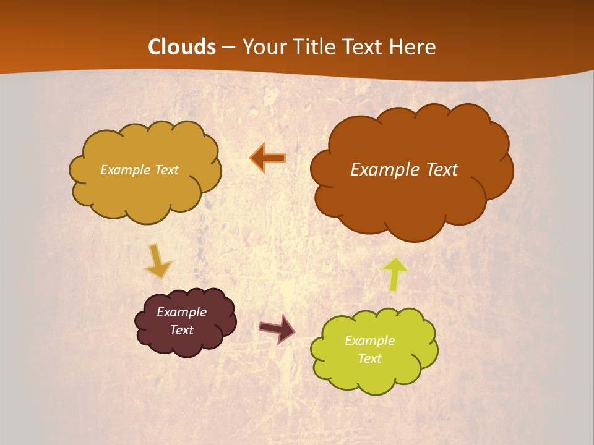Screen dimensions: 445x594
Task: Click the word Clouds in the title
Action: pos(182,47)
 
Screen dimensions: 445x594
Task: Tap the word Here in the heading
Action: pos(414,47)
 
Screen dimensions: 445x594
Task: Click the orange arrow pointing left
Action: pos(268,158)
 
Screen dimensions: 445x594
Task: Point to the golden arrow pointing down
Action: pos(157,261)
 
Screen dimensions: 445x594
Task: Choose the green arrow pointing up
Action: pos(395,274)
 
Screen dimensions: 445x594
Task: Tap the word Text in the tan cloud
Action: pos(166,170)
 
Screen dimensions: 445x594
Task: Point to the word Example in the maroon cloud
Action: pos(182,312)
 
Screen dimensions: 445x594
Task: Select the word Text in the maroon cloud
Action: pos(182,330)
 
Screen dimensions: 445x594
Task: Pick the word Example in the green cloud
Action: pos(369,341)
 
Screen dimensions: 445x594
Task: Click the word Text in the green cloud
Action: pos(369,358)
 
